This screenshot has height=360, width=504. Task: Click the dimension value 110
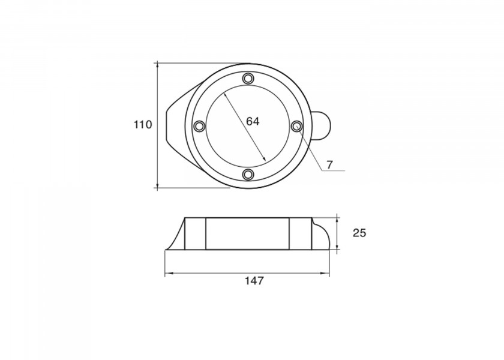143,124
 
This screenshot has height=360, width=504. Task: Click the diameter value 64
253,121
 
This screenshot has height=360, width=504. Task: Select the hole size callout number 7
329,165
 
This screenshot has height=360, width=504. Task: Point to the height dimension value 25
359,233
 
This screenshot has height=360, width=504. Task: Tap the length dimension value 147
254,281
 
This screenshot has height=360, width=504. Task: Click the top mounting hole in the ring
248,78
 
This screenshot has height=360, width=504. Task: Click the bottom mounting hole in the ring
248,174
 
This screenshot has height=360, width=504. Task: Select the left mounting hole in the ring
200,125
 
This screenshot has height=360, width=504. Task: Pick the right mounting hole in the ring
296,126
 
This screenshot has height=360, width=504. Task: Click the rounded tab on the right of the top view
322,125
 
